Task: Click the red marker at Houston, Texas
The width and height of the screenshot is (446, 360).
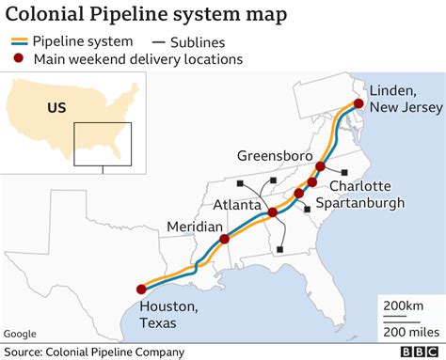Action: click(x=141, y=290)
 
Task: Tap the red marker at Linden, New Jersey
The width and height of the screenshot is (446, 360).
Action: click(x=358, y=103)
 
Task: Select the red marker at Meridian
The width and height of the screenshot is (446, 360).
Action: click(x=224, y=240)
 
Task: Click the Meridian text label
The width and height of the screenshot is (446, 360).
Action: click(x=194, y=227)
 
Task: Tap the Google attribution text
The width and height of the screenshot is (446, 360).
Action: click(x=20, y=334)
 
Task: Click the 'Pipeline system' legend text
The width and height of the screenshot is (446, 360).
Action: click(x=83, y=40)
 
